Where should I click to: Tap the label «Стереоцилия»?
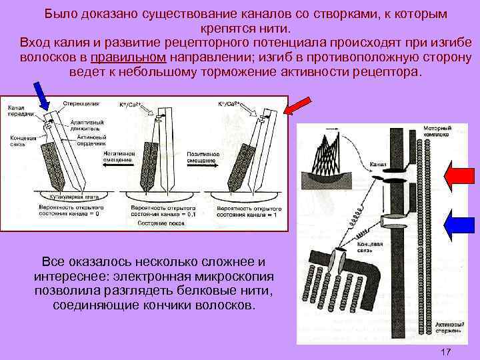81,104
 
